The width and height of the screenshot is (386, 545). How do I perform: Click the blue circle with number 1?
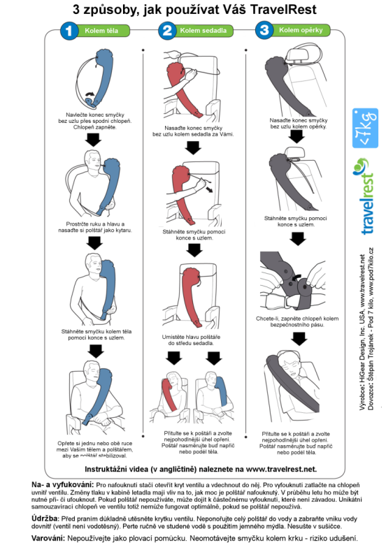69,31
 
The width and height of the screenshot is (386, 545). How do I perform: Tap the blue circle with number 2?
167,30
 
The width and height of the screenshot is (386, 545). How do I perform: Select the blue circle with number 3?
264,30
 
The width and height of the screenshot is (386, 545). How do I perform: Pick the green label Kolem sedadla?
203,30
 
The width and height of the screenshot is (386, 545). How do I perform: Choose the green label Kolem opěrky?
301,30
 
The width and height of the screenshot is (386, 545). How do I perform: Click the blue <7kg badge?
365,129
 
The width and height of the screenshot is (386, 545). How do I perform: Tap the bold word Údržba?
45,518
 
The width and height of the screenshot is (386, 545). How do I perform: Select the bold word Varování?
48,538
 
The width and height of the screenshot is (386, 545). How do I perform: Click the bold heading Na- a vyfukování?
63,485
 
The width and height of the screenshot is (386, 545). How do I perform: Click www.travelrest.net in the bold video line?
281,470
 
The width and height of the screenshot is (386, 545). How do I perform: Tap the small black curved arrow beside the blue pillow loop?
90,94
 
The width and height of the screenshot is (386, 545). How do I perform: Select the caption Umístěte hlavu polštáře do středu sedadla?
191,340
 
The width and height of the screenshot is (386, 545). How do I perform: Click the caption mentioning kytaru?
95,227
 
